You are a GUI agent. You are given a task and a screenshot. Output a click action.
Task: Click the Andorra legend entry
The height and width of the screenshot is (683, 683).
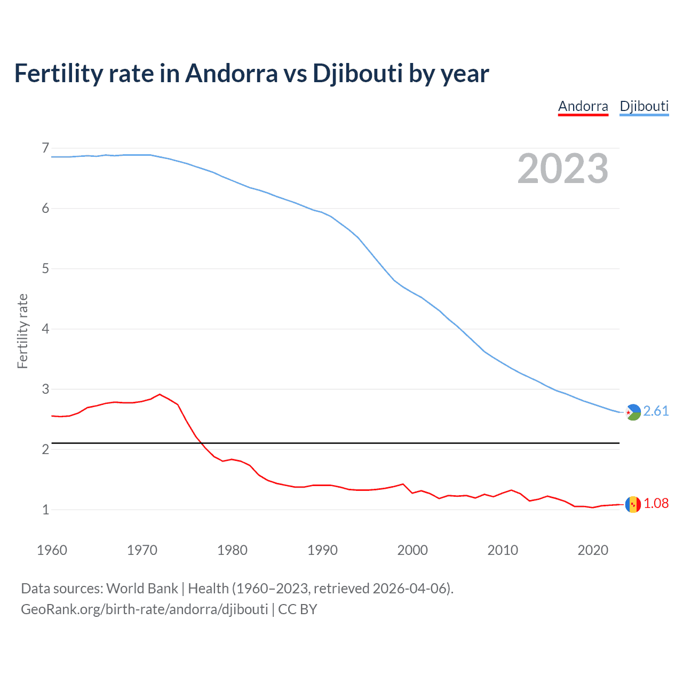pos(583,106)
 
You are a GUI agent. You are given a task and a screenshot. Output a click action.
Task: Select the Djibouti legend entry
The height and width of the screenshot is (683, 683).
pos(644,106)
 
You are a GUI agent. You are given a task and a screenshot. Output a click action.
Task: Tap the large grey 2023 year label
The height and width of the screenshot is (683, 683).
pos(562,169)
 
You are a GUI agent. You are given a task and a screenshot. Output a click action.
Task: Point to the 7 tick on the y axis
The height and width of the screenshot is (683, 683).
pos(45,148)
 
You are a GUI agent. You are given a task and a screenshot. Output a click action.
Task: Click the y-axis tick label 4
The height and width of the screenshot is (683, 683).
pos(45,329)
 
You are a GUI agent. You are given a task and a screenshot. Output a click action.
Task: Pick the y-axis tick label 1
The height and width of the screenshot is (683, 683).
pos(45,510)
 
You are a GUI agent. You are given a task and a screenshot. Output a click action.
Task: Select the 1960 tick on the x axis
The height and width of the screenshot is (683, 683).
pos(52,550)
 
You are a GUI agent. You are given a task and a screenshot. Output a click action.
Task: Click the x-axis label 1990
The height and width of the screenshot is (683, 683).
pos(322,550)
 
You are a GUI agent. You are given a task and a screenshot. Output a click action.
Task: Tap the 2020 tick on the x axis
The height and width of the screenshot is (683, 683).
pos(593,550)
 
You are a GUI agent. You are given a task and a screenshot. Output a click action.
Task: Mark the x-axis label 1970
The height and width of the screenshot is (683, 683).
pos(142,550)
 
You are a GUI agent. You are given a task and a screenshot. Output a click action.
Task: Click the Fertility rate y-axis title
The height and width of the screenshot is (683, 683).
pos(22,331)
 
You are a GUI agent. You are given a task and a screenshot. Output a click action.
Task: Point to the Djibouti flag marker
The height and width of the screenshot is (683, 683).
pos(633,412)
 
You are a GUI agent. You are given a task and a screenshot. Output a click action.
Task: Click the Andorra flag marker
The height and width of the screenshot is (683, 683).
pos(633,504)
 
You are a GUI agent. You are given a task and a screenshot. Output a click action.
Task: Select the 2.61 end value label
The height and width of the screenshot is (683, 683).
pos(656,411)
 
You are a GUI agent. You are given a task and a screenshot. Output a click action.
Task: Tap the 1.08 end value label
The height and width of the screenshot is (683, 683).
pos(656,503)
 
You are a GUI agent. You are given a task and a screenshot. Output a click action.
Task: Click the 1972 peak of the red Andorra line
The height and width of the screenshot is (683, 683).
pos(160,394)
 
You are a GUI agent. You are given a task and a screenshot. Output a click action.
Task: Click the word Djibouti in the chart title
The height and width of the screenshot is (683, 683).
pos(358,74)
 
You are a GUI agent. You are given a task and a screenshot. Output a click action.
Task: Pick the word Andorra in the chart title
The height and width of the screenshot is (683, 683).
pos(231,74)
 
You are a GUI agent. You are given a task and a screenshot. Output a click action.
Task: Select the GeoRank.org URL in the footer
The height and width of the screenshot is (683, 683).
pos(144,609)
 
